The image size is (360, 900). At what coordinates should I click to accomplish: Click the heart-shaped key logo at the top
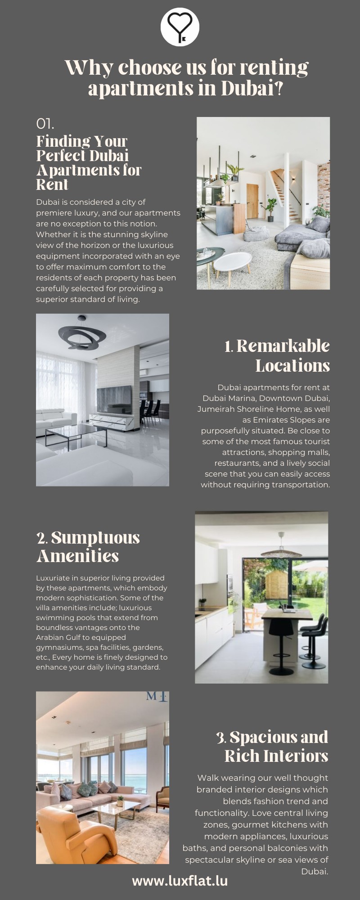point(180,27)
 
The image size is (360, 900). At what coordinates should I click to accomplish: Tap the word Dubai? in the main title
point(252,88)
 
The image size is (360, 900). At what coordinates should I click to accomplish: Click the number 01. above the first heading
point(45,124)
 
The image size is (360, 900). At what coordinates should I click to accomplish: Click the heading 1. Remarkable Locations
point(277,355)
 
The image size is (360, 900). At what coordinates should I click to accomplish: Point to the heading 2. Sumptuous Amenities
point(88,546)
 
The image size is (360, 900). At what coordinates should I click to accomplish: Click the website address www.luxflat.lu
point(180,881)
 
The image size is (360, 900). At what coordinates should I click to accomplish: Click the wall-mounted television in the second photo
point(114,398)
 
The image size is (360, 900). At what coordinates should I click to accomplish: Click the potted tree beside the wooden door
point(271,209)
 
